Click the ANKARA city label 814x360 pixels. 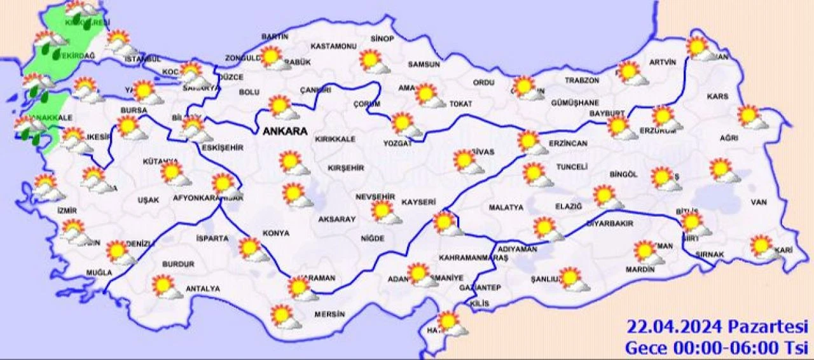(x=284, y=132)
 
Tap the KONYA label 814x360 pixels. (x=277, y=233)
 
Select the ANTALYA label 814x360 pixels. (x=202, y=289)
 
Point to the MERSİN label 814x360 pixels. (x=329, y=314)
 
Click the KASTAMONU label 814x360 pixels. (x=333, y=46)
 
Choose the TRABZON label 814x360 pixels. (x=583, y=81)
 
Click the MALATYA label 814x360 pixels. (x=506, y=207)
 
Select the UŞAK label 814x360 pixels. (x=148, y=200)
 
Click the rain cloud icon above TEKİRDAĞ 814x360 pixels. (x=50, y=42)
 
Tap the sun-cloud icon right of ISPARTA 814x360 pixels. (x=254, y=249)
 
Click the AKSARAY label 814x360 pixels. (x=337, y=218)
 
